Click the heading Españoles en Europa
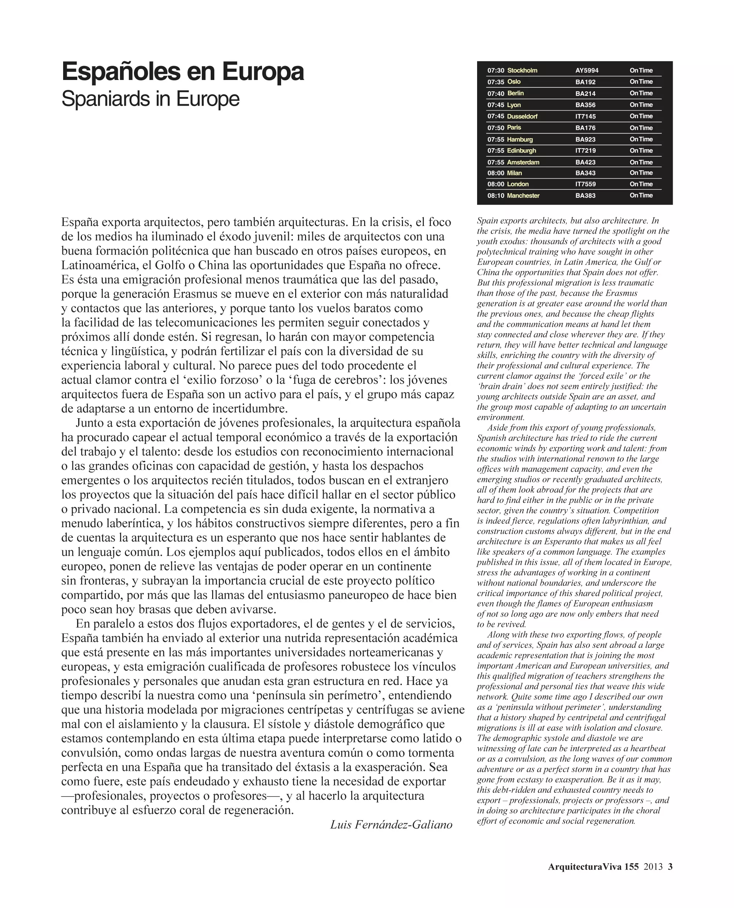point(183,72)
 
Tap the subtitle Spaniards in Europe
point(150,99)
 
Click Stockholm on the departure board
point(522,70)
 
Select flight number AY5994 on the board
point(587,70)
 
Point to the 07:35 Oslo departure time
point(495,82)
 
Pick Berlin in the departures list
point(515,94)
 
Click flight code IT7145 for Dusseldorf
point(586,116)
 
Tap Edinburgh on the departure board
point(522,150)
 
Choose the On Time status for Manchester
point(641,195)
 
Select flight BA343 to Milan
point(586,173)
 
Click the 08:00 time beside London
point(495,184)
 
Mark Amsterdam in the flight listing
point(523,162)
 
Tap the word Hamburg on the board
point(520,139)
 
